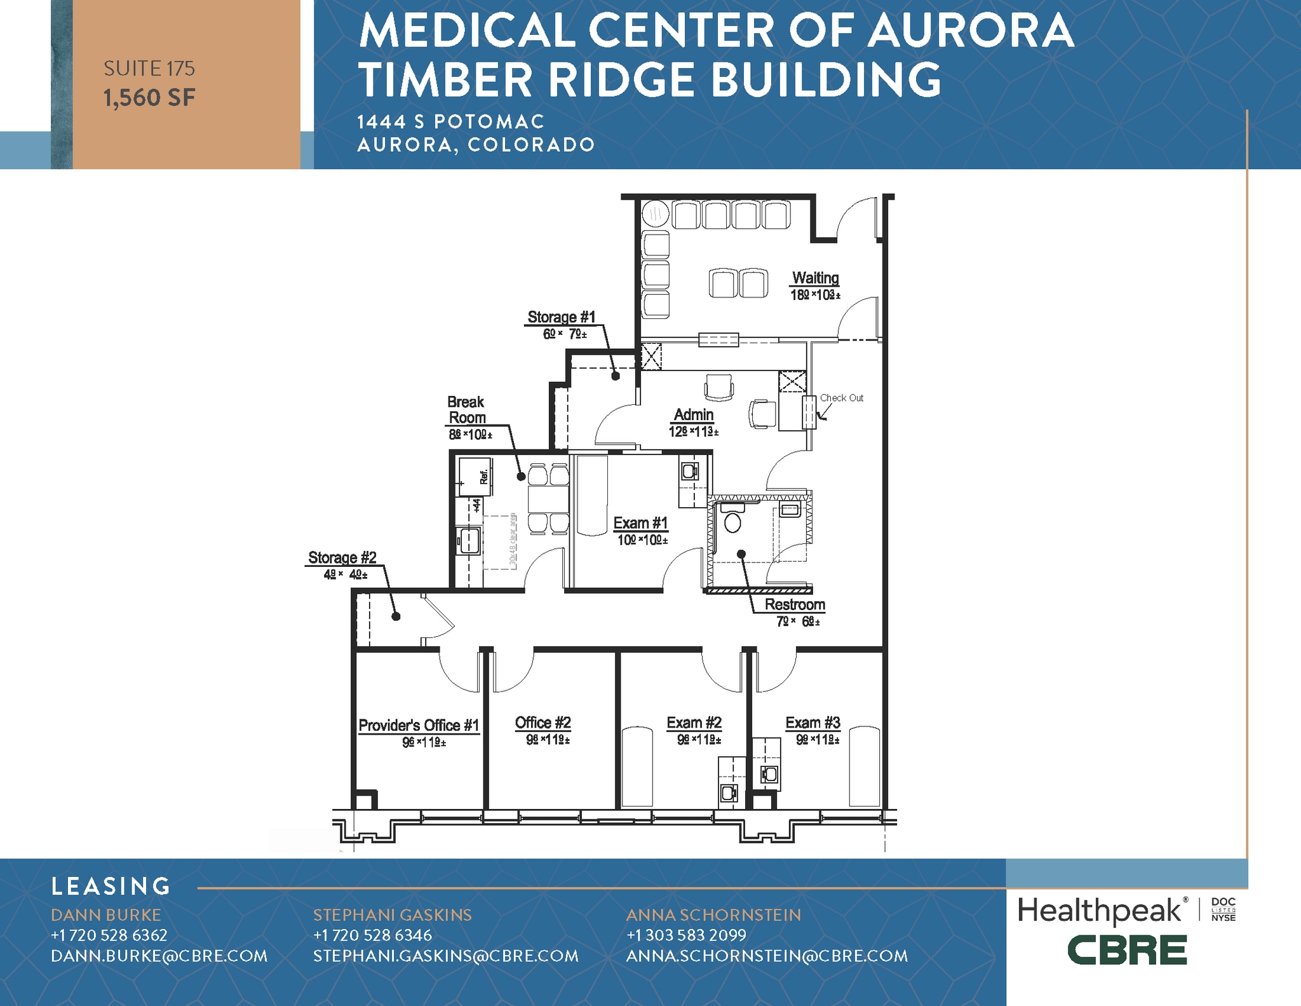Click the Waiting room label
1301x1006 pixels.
click(815, 278)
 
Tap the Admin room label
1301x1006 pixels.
click(693, 415)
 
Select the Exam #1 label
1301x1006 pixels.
click(640, 523)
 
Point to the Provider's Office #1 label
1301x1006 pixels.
click(419, 726)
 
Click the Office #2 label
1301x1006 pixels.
click(543, 723)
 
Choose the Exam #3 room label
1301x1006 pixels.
click(812, 723)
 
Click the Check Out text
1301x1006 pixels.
click(841, 398)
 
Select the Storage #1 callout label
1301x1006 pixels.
click(562, 317)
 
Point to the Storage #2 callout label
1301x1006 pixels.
click(342, 558)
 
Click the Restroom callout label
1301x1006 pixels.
click(794, 605)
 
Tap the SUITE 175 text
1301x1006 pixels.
click(149, 69)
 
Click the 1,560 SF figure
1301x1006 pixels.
click(149, 98)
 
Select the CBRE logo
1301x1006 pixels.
click(1126, 950)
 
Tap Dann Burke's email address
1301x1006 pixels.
click(159, 956)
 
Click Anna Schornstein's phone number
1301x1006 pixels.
click(686, 935)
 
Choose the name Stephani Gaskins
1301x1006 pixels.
click(392, 915)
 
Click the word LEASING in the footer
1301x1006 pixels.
click(111, 887)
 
